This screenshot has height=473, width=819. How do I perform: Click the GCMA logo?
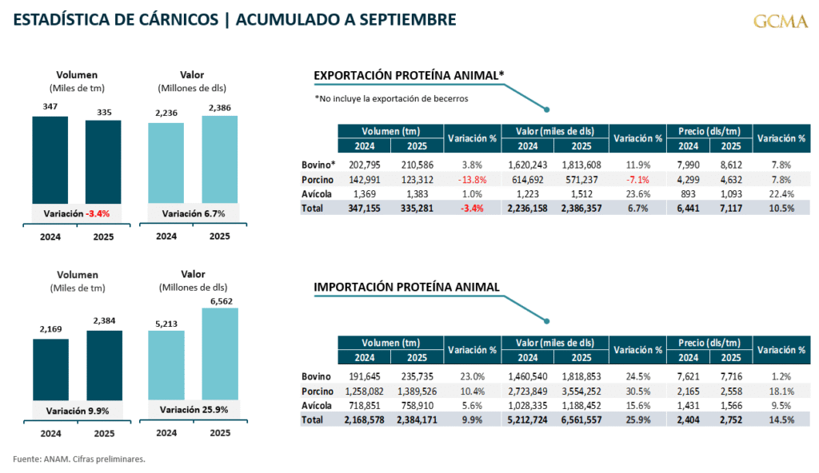pyautogui.click(x=780, y=21)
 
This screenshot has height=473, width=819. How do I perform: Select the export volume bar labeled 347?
pyautogui.click(x=50, y=160)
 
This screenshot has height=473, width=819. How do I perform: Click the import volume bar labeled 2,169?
pyautogui.click(x=50, y=368)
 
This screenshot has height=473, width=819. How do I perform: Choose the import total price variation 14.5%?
pyautogui.click(x=781, y=419)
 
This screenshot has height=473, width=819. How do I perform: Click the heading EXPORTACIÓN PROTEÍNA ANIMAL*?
pyautogui.click(x=409, y=76)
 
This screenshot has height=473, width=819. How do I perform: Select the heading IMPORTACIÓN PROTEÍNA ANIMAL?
pyautogui.click(x=406, y=287)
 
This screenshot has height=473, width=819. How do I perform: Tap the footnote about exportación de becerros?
pyautogui.click(x=391, y=98)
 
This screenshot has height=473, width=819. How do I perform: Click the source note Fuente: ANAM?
pyautogui.click(x=79, y=459)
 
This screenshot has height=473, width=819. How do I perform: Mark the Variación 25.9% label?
pyautogui.click(x=193, y=410)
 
